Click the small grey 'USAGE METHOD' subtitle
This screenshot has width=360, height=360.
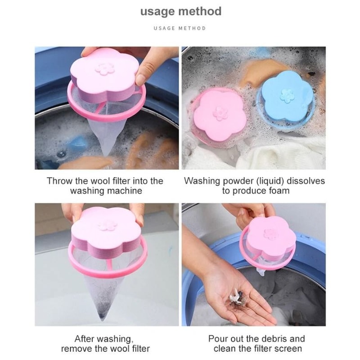click(180, 28)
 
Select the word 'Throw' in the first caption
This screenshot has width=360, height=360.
click(58, 181)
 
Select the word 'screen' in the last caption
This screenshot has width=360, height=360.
click(288, 348)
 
